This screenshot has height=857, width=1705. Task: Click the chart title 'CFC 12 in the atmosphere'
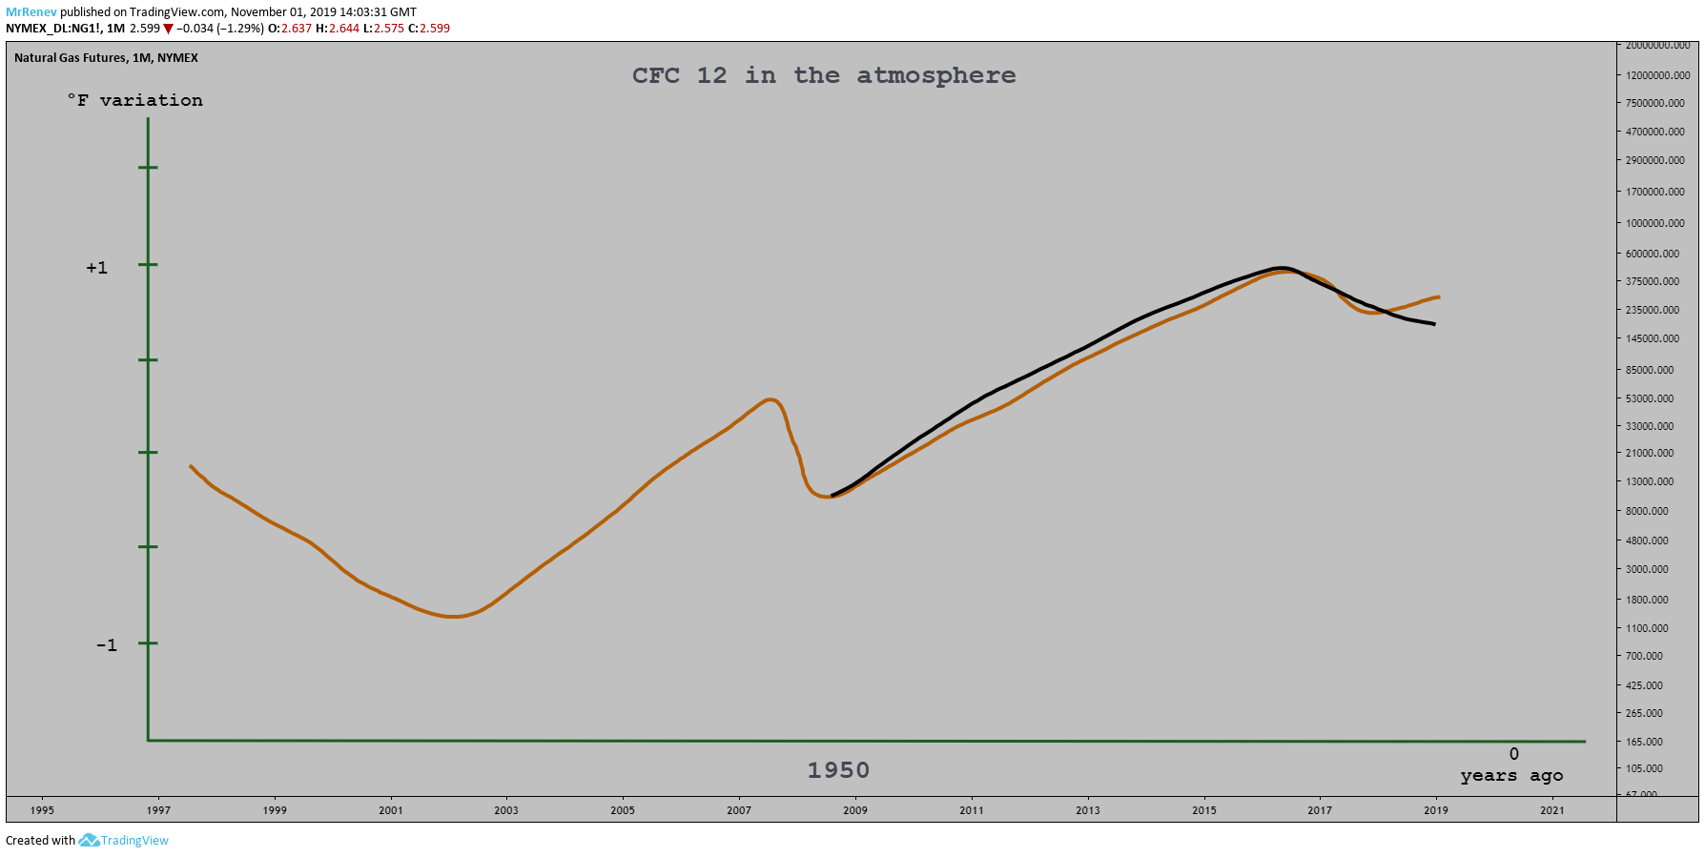tap(824, 75)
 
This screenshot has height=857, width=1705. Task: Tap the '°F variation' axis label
tap(134, 100)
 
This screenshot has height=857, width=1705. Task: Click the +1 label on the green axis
tap(96, 268)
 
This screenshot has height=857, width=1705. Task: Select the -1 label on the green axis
tap(106, 645)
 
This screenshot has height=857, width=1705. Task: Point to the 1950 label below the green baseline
tap(838, 770)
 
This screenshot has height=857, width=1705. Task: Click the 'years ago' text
tap(1511, 775)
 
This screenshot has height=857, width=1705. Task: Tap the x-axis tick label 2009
tap(855, 810)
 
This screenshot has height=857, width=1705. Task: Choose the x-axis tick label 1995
tap(42, 810)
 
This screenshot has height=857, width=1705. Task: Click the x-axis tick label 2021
tap(1552, 810)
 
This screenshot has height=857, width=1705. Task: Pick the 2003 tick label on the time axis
tap(506, 810)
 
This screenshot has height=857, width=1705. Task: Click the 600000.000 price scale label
tap(1653, 254)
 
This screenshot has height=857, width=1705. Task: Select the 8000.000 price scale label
tap(1647, 511)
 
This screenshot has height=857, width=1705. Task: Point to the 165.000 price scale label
tap(1644, 742)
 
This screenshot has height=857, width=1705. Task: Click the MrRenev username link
tap(31, 12)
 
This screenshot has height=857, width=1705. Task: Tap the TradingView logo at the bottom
tap(124, 840)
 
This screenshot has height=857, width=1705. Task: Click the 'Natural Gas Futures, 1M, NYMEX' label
tap(106, 58)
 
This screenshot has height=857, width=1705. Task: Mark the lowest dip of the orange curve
tap(453, 617)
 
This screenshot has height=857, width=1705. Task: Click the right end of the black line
tap(1434, 324)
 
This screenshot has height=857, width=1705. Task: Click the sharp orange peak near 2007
tap(770, 399)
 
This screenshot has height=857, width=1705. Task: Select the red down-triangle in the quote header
tap(168, 29)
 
